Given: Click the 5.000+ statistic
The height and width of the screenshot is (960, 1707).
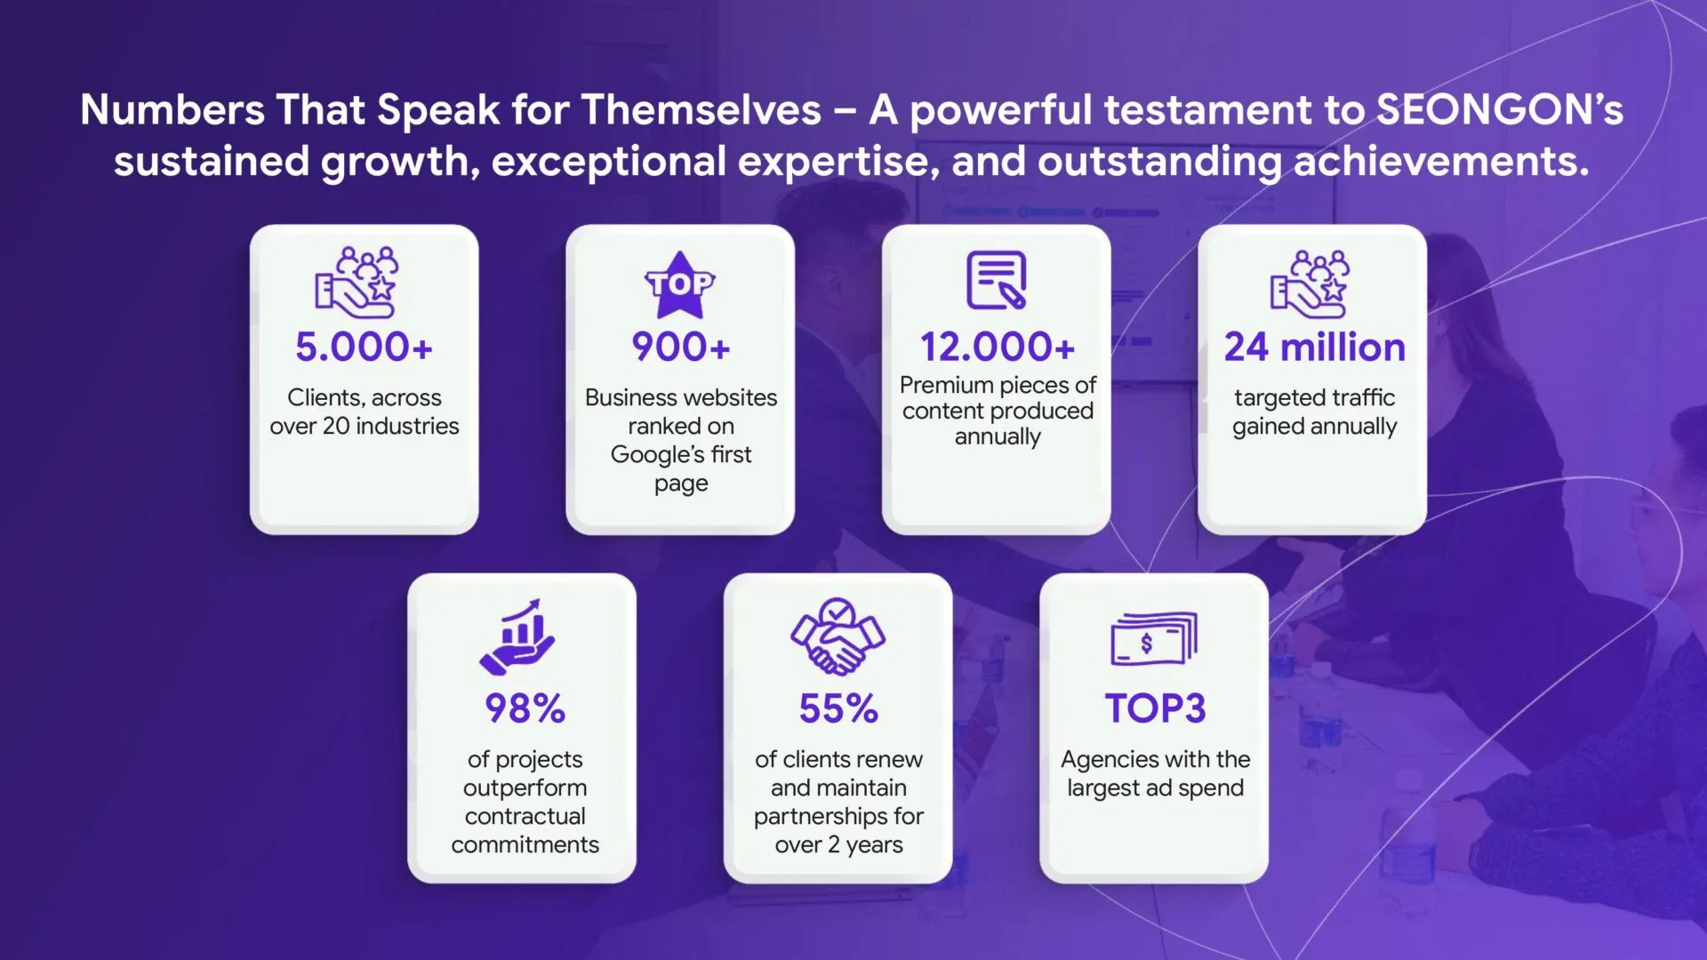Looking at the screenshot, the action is click(x=364, y=347).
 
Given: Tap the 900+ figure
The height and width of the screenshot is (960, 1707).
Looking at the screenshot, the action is click(x=681, y=347).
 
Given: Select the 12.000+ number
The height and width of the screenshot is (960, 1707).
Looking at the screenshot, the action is click(x=998, y=347).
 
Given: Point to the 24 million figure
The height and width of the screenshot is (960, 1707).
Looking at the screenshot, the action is click(x=1314, y=347).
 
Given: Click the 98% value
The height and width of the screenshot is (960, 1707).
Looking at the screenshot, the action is click(x=525, y=708).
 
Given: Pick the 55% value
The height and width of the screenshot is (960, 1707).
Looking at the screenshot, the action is click(x=838, y=708).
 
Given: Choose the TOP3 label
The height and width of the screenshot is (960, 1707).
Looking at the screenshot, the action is click(x=1155, y=708).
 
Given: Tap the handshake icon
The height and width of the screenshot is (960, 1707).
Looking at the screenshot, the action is click(x=837, y=636).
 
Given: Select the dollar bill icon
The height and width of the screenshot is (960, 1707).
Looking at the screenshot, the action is click(x=1154, y=638).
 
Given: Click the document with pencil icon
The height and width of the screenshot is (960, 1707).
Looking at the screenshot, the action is click(x=997, y=280).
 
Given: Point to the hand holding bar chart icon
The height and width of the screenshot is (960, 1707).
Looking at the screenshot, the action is click(x=517, y=636).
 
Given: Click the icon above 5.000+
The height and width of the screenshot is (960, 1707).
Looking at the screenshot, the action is click(x=357, y=283).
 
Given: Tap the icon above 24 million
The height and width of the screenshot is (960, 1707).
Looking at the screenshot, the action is click(x=1310, y=284).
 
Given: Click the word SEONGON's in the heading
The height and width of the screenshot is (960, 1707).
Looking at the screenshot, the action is click(x=1500, y=110).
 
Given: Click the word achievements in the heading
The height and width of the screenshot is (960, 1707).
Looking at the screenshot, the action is click(x=1441, y=162).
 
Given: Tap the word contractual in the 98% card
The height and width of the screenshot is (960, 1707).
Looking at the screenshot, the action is click(x=525, y=816).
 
